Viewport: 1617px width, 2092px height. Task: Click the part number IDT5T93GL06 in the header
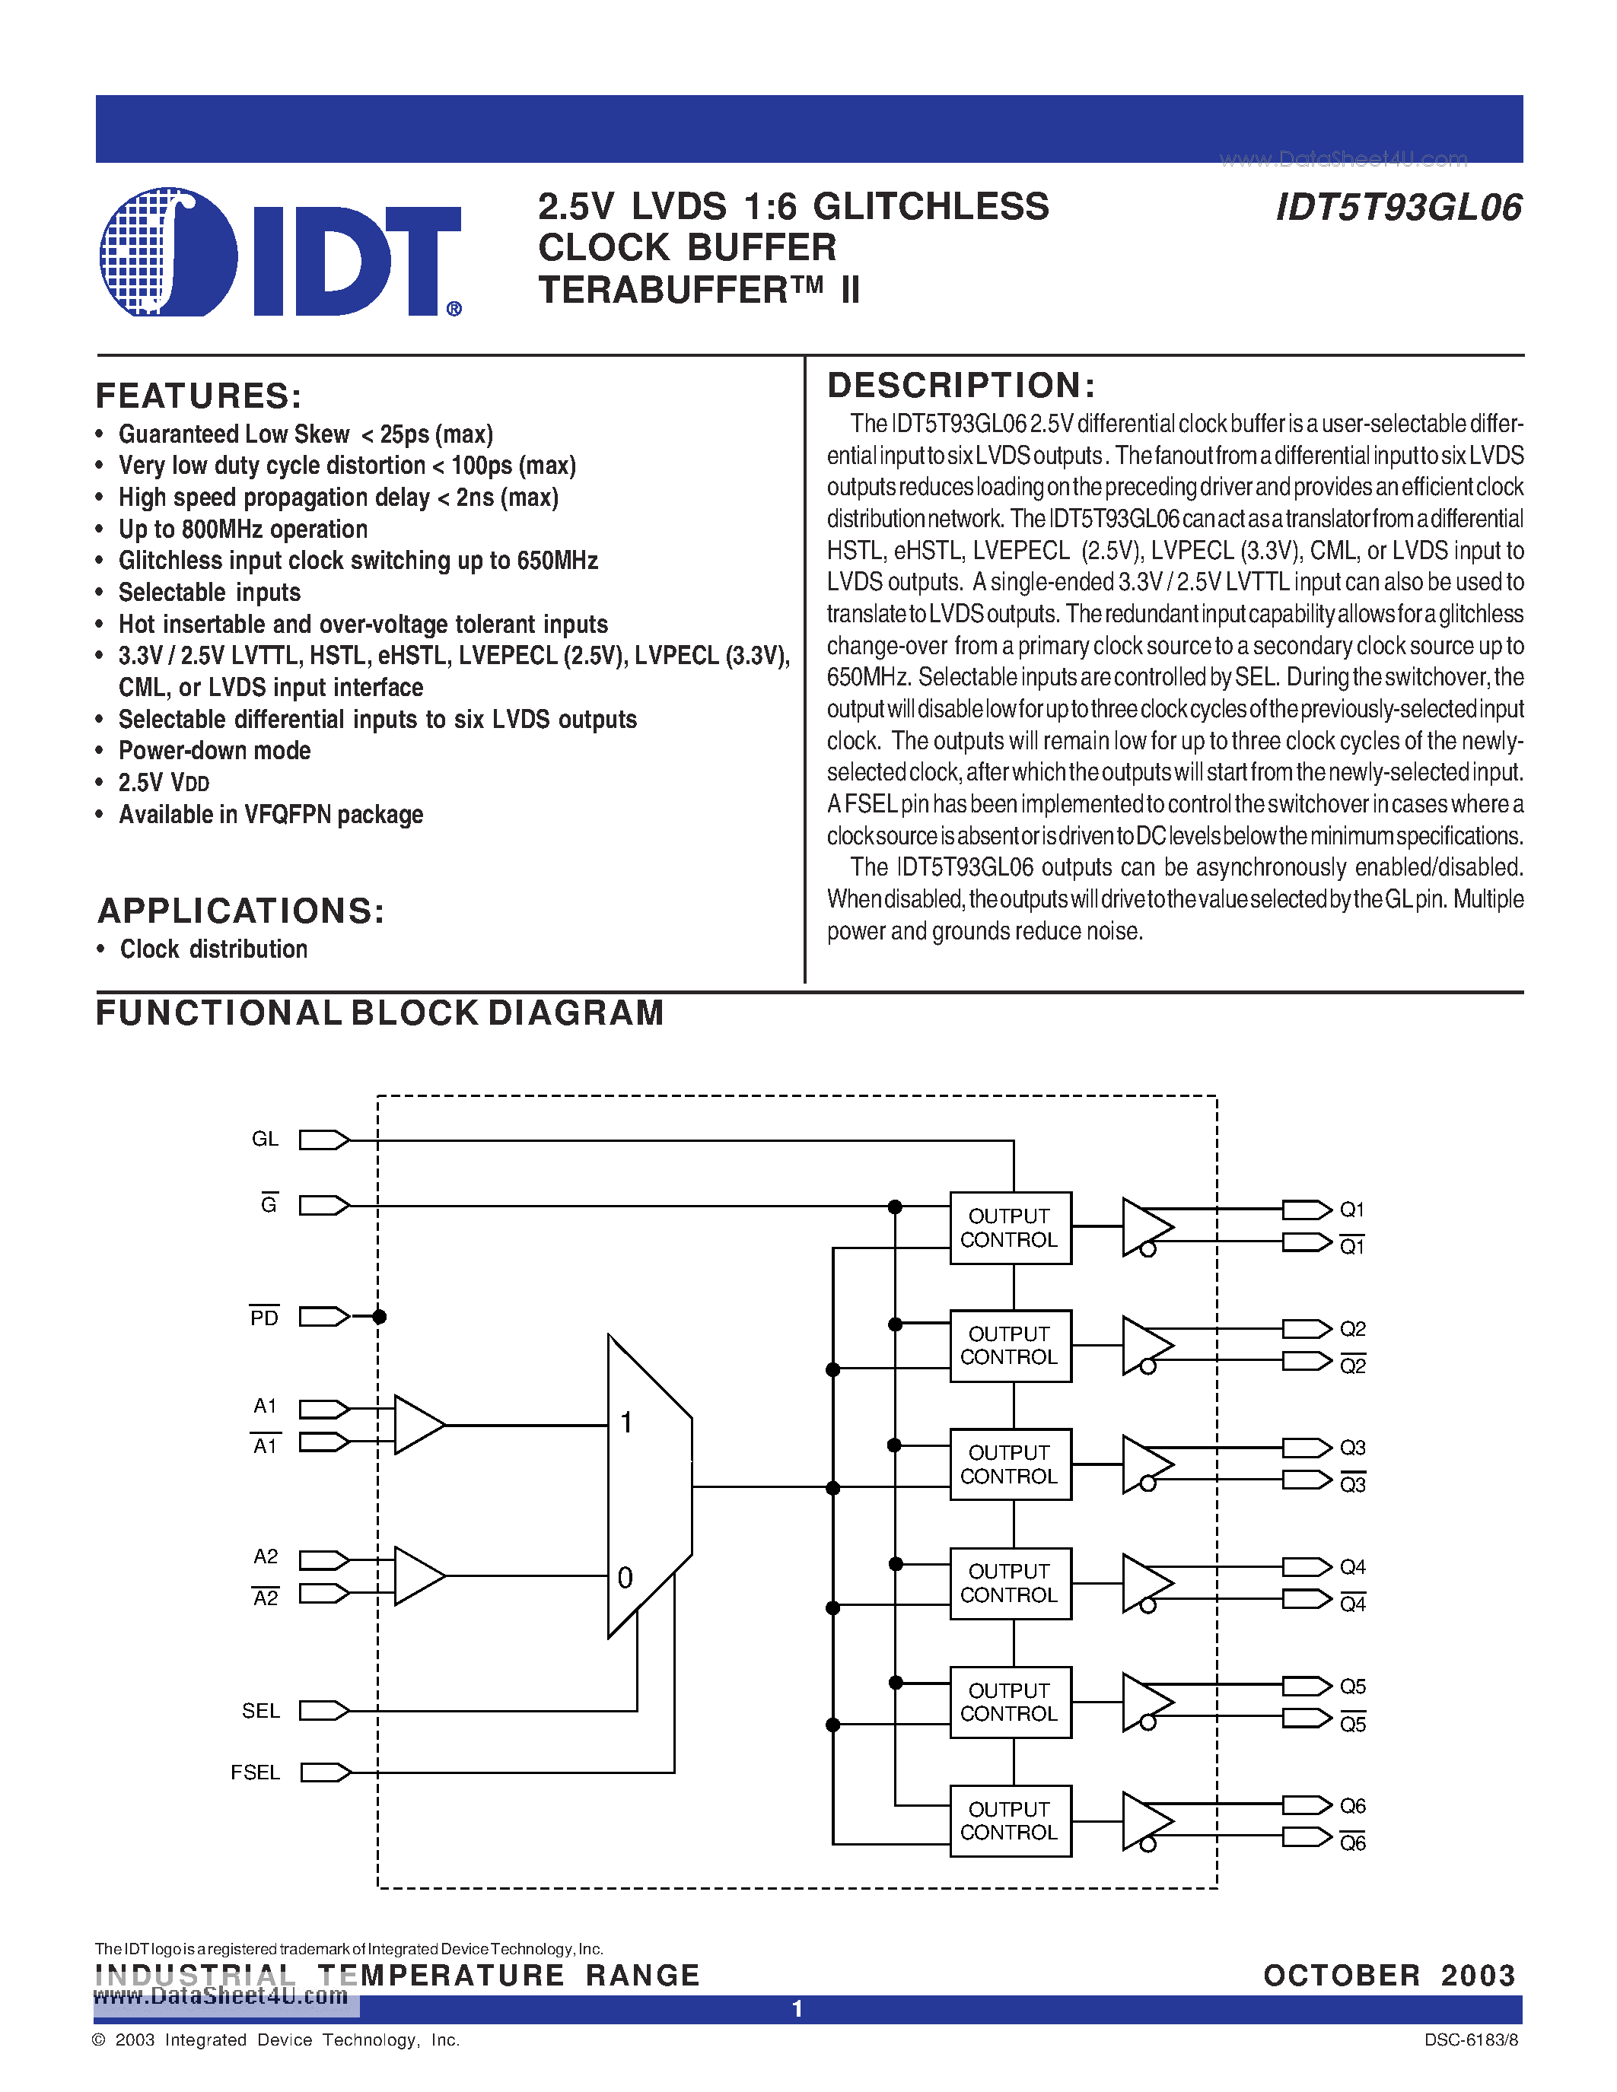[x=1398, y=208]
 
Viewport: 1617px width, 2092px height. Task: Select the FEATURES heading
[x=199, y=396]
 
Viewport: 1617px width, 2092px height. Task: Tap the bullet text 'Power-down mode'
[x=215, y=751]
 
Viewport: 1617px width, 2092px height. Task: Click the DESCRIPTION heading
[x=960, y=385]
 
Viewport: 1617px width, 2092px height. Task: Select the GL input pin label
[x=264, y=1139]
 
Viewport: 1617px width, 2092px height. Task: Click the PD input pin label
[x=264, y=1318]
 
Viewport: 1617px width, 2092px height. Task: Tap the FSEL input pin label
[x=255, y=1773]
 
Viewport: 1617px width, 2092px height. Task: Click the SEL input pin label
[x=260, y=1711]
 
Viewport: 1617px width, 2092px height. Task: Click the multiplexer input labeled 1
[x=626, y=1423]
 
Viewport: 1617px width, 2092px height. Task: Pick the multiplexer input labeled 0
[x=625, y=1578]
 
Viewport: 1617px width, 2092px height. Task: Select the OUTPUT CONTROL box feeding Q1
[x=1010, y=1228]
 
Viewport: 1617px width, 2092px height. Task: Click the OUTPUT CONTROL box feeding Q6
[x=1010, y=1821]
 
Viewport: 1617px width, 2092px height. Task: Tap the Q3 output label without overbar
[x=1351, y=1448]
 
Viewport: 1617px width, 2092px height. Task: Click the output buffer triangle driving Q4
[x=1144, y=1583]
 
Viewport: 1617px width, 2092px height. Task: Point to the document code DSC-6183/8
[x=1470, y=2040]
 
